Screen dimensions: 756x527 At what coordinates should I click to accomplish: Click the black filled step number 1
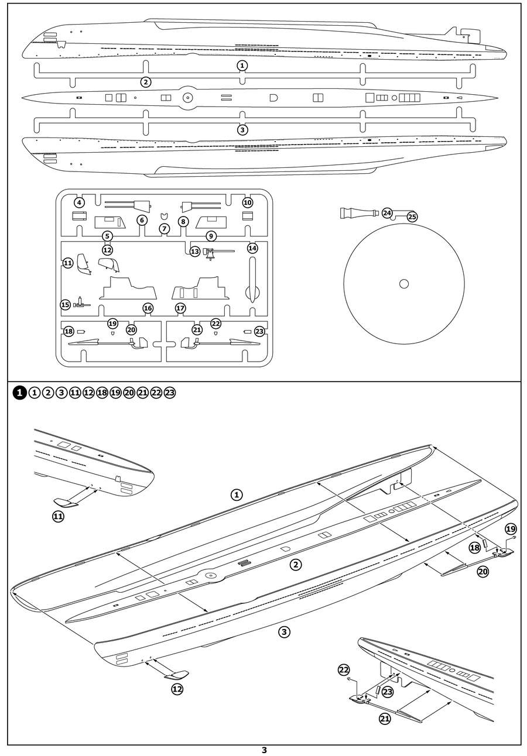(19, 393)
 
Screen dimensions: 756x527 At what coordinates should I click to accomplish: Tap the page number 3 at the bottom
(264, 750)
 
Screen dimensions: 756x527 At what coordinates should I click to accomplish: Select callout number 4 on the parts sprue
(79, 202)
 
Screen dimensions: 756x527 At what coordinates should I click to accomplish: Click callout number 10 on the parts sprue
(247, 202)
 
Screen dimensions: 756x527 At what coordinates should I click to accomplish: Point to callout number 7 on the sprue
(165, 228)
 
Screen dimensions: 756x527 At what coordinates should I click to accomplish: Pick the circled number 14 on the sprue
(252, 248)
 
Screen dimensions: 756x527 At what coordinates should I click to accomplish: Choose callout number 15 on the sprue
(66, 304)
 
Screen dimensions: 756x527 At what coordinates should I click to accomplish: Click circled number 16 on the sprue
(148, 308)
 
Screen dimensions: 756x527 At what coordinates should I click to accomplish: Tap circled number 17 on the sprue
(180, 308)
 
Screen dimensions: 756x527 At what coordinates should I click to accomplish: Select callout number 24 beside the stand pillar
(387, 213)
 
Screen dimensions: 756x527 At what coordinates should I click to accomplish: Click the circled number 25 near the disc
(412, 217)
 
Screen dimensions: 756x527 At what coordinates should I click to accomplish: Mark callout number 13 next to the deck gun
(195, 250)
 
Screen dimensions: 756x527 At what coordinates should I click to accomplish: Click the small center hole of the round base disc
(403, 284)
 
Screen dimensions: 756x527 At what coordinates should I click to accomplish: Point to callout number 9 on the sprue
(211, 236)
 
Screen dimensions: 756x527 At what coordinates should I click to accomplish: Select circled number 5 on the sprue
(107, 236)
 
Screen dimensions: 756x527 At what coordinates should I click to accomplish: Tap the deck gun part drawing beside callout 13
(214, 252)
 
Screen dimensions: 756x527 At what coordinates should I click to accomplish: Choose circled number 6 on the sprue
(142, 220)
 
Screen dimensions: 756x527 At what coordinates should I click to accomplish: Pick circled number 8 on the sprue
(183, 221)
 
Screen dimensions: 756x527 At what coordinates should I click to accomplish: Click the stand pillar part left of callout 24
(360, 213)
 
